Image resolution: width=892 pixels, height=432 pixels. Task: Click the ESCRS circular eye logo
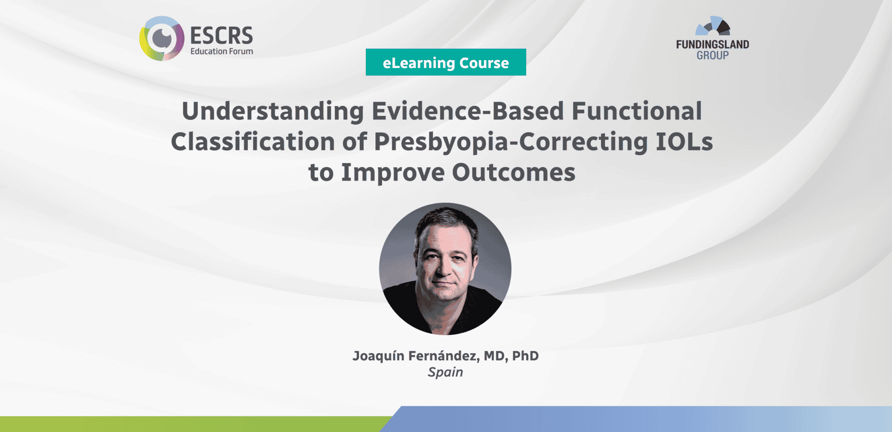point(162,39)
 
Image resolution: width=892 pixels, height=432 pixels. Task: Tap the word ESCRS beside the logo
point(221,35)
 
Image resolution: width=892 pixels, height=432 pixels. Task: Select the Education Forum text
point(221,51)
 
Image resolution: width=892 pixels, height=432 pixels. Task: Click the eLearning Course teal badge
point(446,62)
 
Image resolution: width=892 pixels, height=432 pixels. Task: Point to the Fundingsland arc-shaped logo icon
point(713,27)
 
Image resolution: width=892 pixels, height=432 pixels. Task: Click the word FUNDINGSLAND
point(712,44)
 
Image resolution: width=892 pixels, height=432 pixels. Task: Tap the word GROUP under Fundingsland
point(712,55)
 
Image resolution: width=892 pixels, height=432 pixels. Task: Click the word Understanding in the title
point(273,111)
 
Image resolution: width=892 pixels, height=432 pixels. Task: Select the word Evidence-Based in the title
point(467,111)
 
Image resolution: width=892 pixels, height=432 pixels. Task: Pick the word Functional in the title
point(636,111)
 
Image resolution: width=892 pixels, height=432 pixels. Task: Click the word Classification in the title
point(253,142)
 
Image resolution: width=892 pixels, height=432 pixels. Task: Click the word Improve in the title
point(392,173)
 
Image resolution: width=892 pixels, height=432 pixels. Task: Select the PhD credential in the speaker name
point(525,356)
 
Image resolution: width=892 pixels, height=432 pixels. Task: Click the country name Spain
point(445,372)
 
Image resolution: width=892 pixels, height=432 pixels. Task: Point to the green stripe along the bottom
point(192,424)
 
